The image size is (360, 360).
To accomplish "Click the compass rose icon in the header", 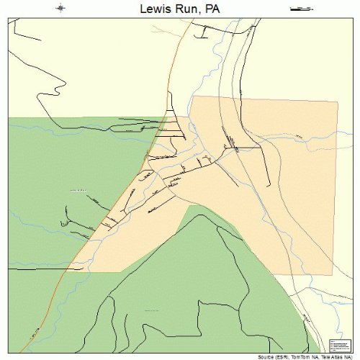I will click(62, 9).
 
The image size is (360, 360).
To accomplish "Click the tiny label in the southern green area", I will click(152, 310).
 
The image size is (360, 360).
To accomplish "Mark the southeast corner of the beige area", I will click(333, 274).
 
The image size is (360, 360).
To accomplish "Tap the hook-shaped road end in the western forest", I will click(65, 225).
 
